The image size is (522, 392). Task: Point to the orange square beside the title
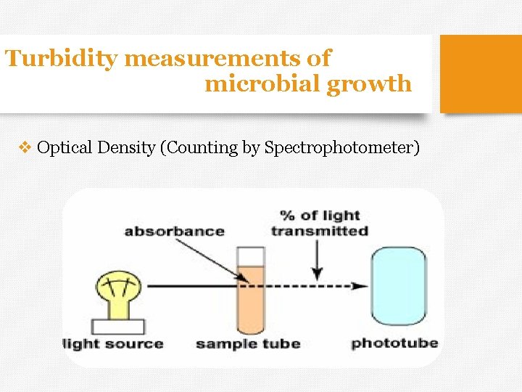481,74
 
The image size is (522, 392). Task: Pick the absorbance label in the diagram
174,232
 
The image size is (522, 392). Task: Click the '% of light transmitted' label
320,224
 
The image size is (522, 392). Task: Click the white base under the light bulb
118,326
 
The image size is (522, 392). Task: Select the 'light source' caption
113,343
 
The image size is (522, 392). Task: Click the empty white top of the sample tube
251,256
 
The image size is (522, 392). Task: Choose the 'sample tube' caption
248,343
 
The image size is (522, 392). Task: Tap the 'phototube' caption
394,343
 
